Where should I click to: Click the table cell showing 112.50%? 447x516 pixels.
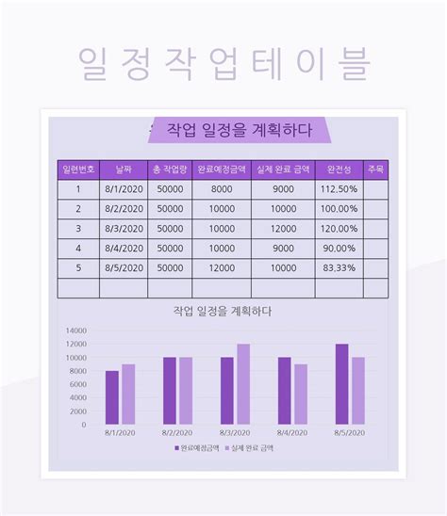pyautogui.click(x=339, y=189)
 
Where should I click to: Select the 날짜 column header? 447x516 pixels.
pyautogui.click(x=123, y=169)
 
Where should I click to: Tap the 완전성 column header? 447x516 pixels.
pyautogui.click(x=339, y=169)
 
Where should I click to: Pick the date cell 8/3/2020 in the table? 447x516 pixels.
pyautogui.click(x=123, y=229)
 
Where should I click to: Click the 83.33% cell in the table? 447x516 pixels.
pyautogui.click(x=339, y=268)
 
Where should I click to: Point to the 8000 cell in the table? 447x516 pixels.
pyautogui.click(x=222, y=189)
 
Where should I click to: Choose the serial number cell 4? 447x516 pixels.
pyautogui.click(x=77, y=249)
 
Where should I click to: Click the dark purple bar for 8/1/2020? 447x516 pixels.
pyautogui.click(x=112, y=397)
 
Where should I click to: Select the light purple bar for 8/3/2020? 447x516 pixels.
pyautogui.click(x=243, y=384)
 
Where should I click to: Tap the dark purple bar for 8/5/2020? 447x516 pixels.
pyautogui.click(x=341, y=384)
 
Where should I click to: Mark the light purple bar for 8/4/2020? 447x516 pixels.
pyautogui.click(x=301, y=395)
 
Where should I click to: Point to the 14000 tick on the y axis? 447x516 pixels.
pyautogui.click(x=74, y=331)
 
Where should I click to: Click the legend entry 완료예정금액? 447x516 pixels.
pyautogui.click(x=197, y=448)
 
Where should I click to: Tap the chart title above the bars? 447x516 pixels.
pyautogui.click(x=223, y=311)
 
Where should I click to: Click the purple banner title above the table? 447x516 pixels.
pyautogui.click(x=238, y=130)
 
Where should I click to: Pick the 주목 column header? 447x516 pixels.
pyautogui.click(x=375, y=169)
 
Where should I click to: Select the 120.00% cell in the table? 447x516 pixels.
pyautogui.click(x=339, y=229)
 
